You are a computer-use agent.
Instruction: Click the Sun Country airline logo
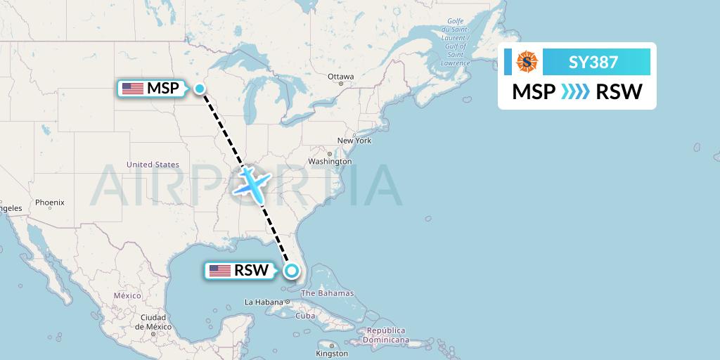[x=527, y=62]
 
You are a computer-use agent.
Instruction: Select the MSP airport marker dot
[x=200, y=88]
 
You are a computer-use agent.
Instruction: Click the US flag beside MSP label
[x=133, y=89]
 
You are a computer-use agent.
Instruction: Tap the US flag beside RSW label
[x=220, y=270]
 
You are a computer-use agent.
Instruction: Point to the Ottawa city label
[x=341, y=76]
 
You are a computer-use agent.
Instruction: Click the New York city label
[x=354, y=141]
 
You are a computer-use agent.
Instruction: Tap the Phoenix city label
[x=50, y=202]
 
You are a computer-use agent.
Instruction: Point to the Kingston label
[x=333, y=353]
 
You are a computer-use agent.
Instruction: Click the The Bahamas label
[x=327, y=293]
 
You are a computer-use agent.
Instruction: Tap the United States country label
[x=153, y=165]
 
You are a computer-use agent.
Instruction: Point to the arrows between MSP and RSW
[x=576, y=92]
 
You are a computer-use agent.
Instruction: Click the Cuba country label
[x=305, y=316]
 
